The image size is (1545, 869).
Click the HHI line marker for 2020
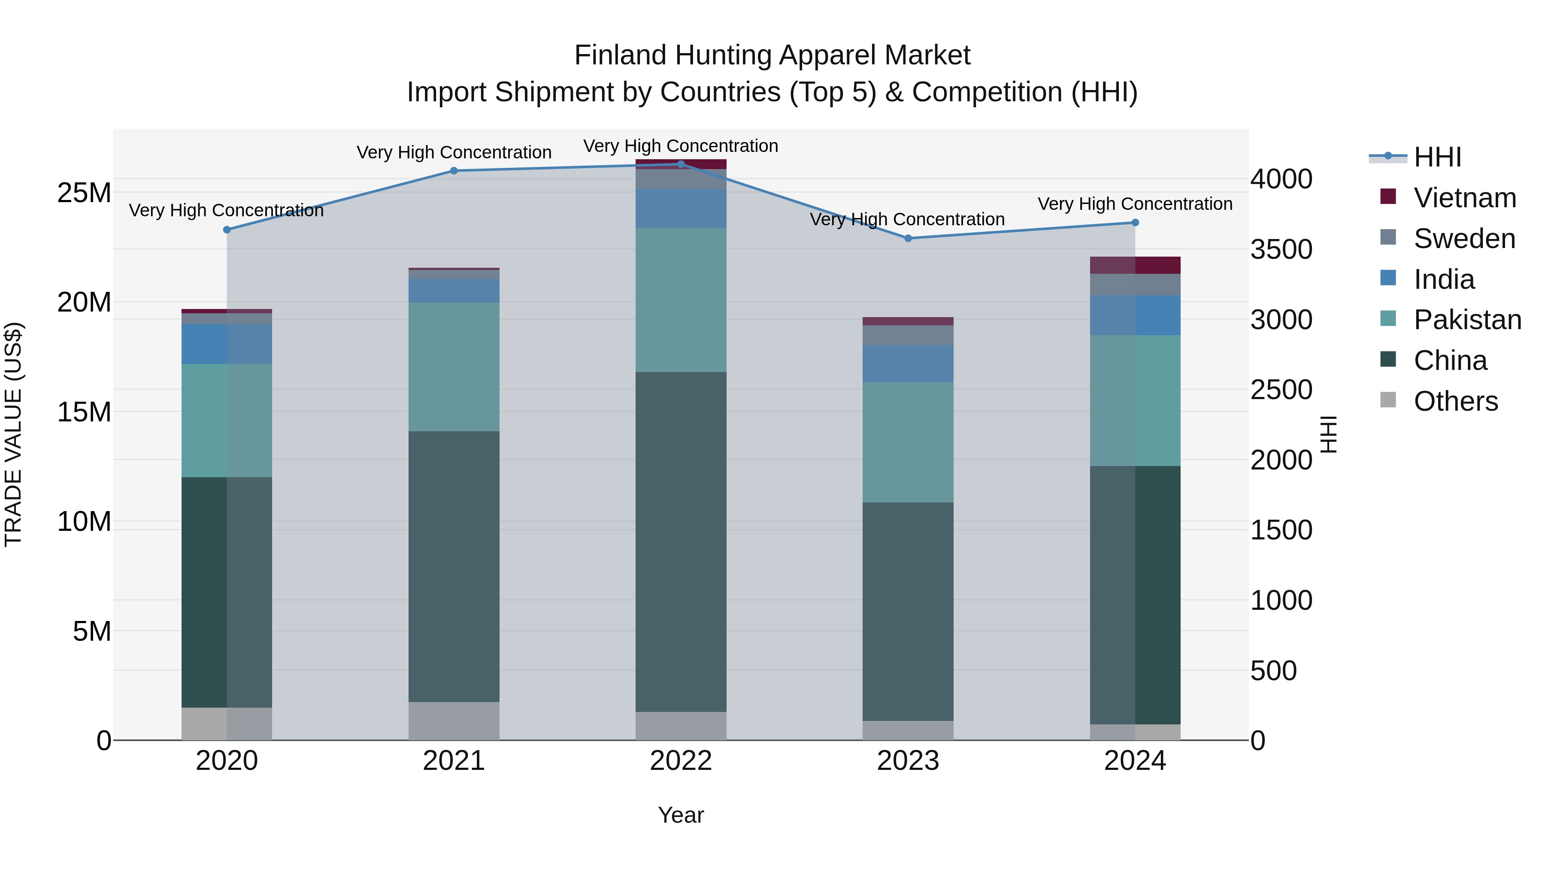tap(227, 230)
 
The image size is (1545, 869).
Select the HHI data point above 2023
tap(908, 238)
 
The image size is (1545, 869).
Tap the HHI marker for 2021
tap(454, 171)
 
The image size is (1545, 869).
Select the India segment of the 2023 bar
tap(908, 363)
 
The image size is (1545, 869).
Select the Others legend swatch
tap(1388, 400)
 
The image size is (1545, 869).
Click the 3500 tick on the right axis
tap(1281, 249)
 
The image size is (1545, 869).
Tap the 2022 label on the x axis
tap(681, 760)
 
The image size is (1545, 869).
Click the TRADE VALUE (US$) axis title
tap(13, 434)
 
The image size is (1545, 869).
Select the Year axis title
tap(681, 815)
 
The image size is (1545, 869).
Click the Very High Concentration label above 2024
tap(1135, 204)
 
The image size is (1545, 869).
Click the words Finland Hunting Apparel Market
tap(772, 55)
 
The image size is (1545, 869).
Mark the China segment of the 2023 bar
tap(908, 611)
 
